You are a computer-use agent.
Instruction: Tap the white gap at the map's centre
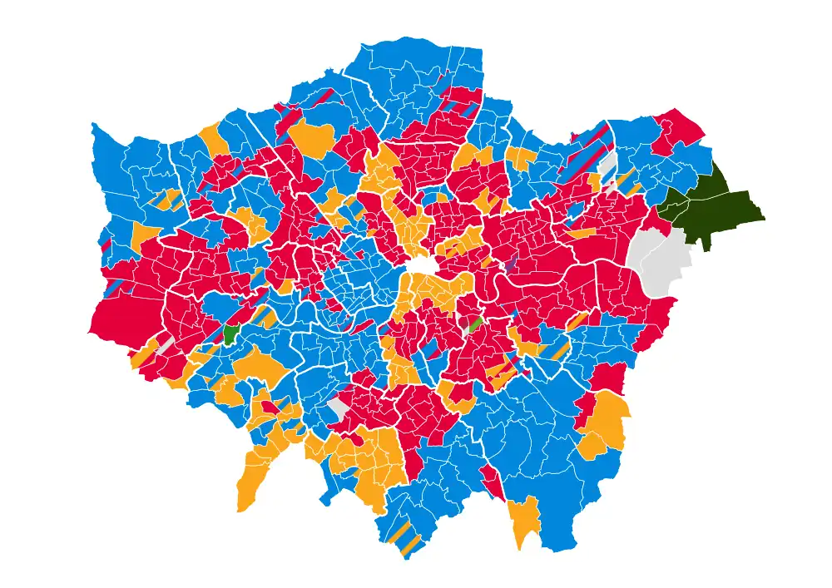[x=422, y=266]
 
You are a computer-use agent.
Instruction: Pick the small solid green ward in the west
[x=231, y=334]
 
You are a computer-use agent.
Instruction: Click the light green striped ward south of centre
[x=475, y=325]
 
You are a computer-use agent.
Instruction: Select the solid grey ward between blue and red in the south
[x=338, y=408]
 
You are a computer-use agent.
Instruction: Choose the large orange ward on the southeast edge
[x=606, y=424]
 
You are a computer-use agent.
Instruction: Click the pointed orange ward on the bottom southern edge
[x=524, y=520]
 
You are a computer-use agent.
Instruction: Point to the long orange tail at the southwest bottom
[x=252, y=482]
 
